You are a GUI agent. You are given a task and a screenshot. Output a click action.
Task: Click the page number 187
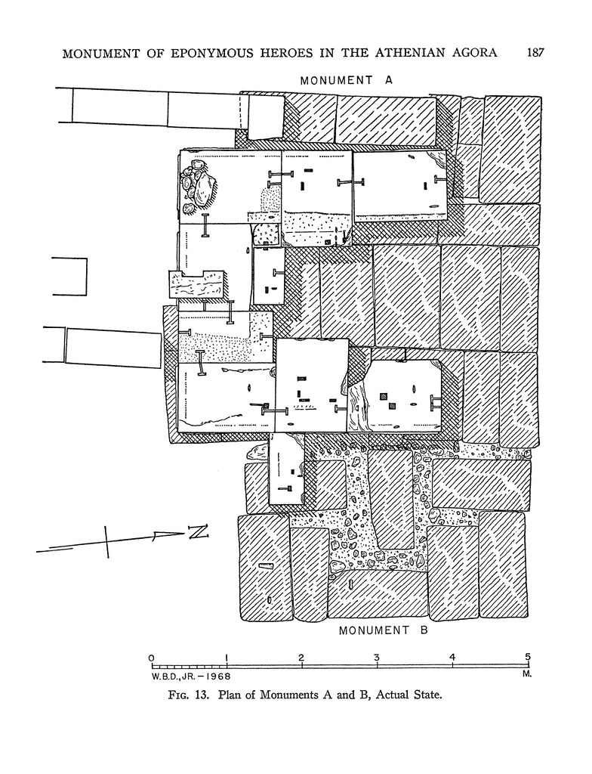(x=535, y=52)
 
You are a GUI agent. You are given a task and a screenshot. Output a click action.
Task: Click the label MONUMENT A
(x=347, y=80)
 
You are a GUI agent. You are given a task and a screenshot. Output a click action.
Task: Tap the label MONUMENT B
(x=384, y=630)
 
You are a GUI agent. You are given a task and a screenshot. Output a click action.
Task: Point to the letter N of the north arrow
(x=197, y=531)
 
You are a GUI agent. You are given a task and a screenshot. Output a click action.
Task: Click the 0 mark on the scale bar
(x=152, y=658)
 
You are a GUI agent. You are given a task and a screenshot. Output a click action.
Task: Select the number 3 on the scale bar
(x=377, y=658)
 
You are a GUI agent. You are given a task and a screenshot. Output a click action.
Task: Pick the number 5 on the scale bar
(x=528, y=657)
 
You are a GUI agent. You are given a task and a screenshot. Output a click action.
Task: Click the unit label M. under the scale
(x=526, y=673)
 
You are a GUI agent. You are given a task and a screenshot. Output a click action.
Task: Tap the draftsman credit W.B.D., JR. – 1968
(x=191, y=676)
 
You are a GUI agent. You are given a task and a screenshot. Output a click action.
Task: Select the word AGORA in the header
(x=476, y=52)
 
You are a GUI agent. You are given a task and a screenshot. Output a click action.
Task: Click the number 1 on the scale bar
(x=227, y=658)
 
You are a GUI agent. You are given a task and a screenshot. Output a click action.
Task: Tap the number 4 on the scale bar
(x=452, y=658)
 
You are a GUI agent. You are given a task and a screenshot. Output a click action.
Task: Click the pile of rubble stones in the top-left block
(x=197, y=187)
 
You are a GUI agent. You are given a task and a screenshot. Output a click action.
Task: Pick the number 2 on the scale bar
(x=301, y=658)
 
